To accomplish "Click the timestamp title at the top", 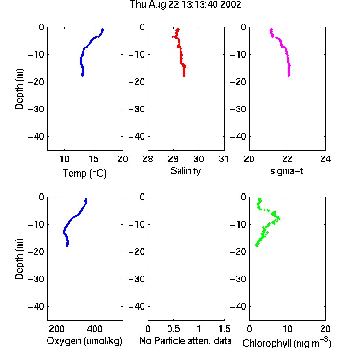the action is pyautogui.click(x=185, y=5).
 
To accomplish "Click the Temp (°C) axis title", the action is pyautogui.click(x=84, y=173).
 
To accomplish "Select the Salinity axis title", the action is pyautogui.click(x=185, y=171).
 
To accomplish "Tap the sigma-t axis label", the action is pyautogui.click(x=287, y=171).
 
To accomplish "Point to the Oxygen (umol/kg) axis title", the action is pyautogui.click(x=84, y=341).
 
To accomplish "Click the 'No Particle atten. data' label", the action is pyautogui.click(x=185, y=341).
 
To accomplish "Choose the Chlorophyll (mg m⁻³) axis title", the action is pyautogui.click(x=287, y=343).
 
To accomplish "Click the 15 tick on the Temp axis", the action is pyautogui.click(x=94, y=159).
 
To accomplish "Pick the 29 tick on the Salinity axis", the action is pyautogui.click(x=173, y=159).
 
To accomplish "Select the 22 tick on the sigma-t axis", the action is pyautogui.click(x=287, y=159).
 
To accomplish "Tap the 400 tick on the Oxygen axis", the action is pyautogui.click(x=95, y=329).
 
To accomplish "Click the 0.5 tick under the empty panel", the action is pyautogui.click(x=173, y=329).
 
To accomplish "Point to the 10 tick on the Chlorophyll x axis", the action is pyautogui.click(x=288, y=329).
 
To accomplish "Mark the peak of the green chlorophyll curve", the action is pyautogui.click(x=279, y=218).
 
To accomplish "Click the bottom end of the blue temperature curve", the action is pyautogui.click(x=82, y=76).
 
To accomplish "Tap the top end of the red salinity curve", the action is pyautogui.click(x=178, y=29).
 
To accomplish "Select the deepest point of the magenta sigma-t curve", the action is pyautogui.click(x=289, y=75).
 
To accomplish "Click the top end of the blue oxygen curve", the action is pyautogui.click(x=86, y=199).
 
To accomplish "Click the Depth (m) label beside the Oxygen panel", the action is pyautogui.click(x=19, y=259).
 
